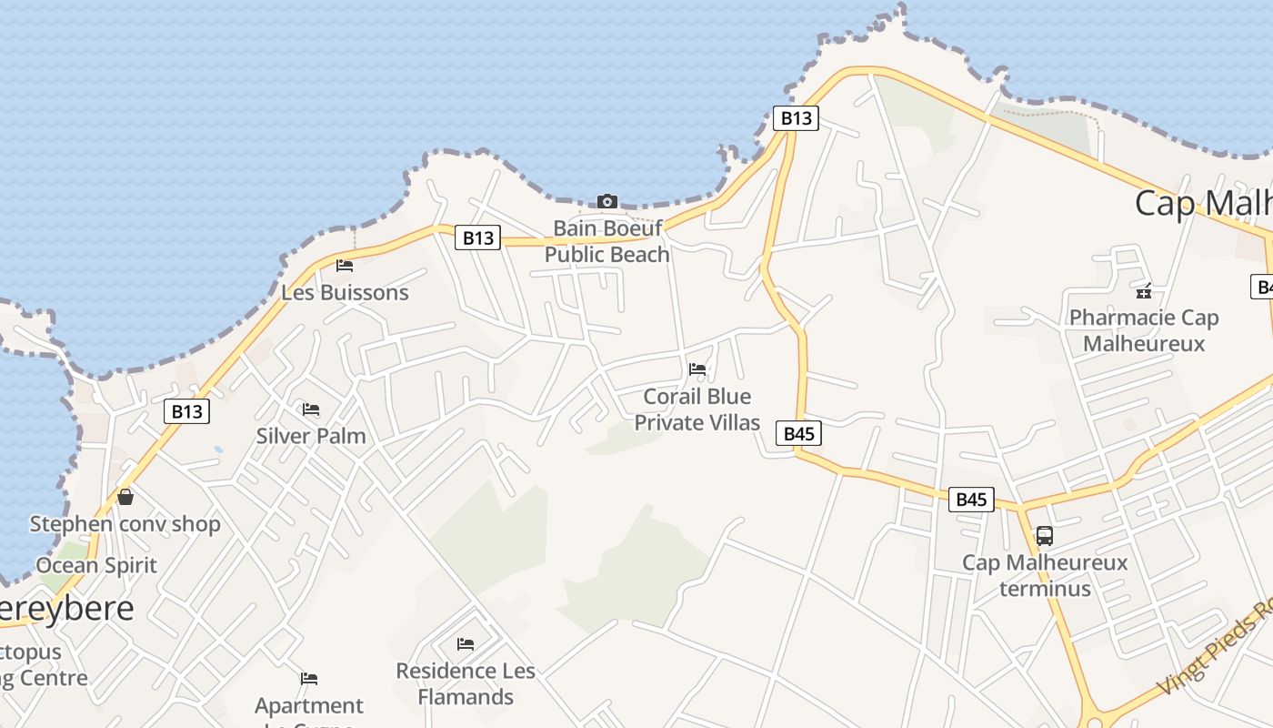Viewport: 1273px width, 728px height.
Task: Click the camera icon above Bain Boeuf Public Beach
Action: [x=606, y=201]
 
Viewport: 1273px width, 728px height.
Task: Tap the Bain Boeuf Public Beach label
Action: [x=606, y=241]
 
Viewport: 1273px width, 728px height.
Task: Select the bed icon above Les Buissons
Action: [x=345, y=266]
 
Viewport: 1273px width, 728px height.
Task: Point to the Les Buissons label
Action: [x=345, y=292]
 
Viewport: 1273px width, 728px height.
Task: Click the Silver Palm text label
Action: [x=311, y=436]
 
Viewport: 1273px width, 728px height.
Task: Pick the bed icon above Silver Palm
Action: [x=311, y=409]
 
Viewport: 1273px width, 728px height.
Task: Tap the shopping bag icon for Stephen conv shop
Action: [x=125, y=497]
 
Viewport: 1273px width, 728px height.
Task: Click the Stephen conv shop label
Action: [x=125, y=524]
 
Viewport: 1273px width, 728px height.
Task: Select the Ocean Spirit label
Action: [x=96, y=565]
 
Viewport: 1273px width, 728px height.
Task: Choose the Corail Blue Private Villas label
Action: [x=697, y=409]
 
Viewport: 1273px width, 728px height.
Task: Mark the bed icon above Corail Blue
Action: [x=697, y=369]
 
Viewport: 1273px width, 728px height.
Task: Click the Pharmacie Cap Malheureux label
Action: [x=1144, y=330]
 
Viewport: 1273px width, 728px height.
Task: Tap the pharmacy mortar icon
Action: [x=1144, y=291]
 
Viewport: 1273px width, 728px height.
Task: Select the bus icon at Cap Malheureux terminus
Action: [x=1045, y=536]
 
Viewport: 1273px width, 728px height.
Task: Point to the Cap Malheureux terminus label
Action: [x=1045, y=575]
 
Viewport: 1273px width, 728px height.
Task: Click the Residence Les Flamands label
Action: [x=466, y=684]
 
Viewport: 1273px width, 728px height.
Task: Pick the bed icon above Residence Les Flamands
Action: [x=466, y=644]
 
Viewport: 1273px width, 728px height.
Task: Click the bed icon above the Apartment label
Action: [x=309, y=679]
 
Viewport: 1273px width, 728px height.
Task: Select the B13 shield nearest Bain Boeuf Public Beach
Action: [x=477, y=238]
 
